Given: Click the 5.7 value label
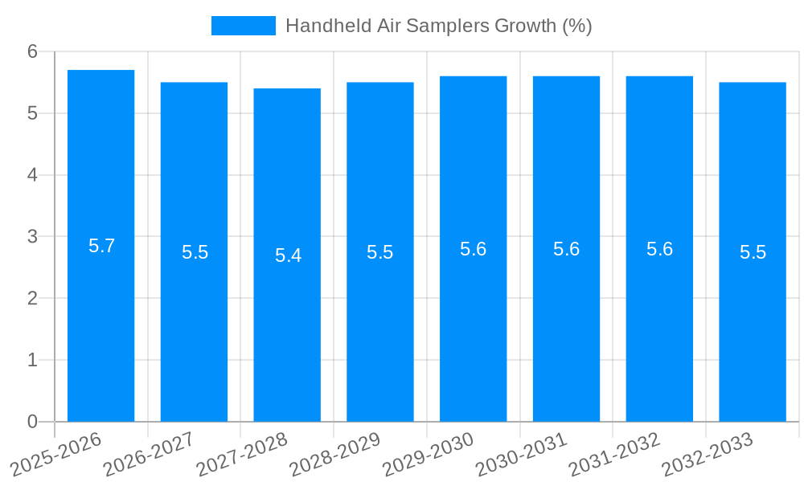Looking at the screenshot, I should tap(101, 246).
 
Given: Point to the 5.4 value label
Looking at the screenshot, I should tap(288, 255).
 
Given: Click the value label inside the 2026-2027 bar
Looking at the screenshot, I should tap(195, 252).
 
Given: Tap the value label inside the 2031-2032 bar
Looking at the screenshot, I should tap(659, 249).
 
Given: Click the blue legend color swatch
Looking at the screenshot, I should tap(243, 26).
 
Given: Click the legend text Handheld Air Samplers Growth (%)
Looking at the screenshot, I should tap(438, 26).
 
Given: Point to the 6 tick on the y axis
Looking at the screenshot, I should tap(32, 51).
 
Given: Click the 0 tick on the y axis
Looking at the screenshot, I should tap(32, 422).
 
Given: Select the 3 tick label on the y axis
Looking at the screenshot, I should tap(32, 237).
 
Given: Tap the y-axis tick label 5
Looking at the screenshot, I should tap(32, 113).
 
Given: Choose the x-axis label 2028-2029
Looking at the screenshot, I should tap(336, 453).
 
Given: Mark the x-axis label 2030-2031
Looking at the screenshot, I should tap(523, 453).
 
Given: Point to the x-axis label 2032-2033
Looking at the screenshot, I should tap(708, 453).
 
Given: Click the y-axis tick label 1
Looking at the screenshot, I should tap(32, 360).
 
